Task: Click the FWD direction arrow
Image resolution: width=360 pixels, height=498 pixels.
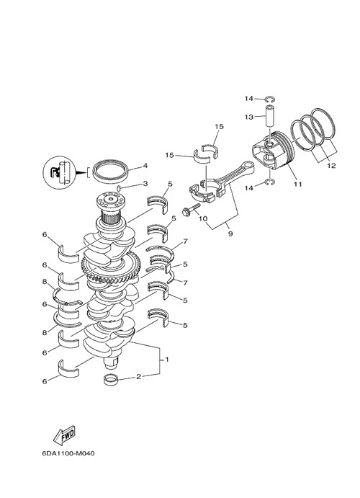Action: [x=64, y=435]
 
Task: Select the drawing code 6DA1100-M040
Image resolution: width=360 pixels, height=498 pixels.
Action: [x=68, y=453]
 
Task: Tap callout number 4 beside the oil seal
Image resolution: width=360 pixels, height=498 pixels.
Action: [x=145, y=166]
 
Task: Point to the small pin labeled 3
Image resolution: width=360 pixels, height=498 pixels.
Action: [x=119, y=188]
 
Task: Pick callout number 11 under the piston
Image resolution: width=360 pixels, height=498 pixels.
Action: [x=298, y=184]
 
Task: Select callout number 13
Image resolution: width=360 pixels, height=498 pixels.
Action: [x=249, y=117]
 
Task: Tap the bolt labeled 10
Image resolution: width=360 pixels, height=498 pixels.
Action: [x=192, y=209]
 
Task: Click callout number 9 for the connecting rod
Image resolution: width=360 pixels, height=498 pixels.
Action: [x=230, y=234]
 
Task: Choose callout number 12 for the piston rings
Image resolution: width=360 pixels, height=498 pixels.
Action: [x=331, y=166]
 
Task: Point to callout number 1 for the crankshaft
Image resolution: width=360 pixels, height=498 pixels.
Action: [x=167, y=359]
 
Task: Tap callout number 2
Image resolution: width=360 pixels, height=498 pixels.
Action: [x=138, y=377]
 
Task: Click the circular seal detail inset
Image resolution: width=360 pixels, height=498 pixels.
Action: [x=59, y=172]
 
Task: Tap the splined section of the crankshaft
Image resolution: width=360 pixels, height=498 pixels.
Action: [x=110, y=218]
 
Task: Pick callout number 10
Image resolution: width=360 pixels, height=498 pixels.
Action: [x=203, y=219]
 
